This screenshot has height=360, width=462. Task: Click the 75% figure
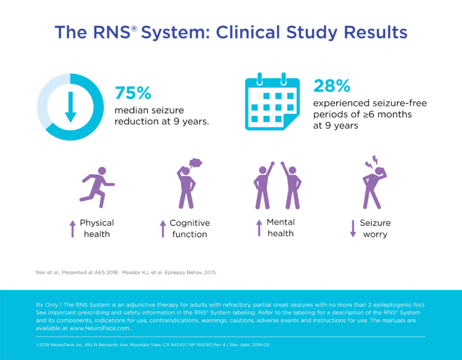point(133,93)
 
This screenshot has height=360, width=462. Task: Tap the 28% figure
point(331,86)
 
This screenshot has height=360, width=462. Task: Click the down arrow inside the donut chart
point(70,107)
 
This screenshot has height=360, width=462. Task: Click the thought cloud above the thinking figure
point(194,162)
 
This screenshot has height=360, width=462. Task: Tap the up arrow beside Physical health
point(72,228)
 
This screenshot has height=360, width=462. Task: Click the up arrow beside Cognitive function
point(162,228)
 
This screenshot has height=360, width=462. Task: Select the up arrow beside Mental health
point(259,227)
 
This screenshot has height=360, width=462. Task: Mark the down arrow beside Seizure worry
point(353,228)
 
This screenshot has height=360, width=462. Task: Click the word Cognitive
point(189,223)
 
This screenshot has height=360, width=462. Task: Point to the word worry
point(375,234)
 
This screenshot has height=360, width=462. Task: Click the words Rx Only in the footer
point(49,305)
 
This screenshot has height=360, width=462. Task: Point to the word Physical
point(96,223)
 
